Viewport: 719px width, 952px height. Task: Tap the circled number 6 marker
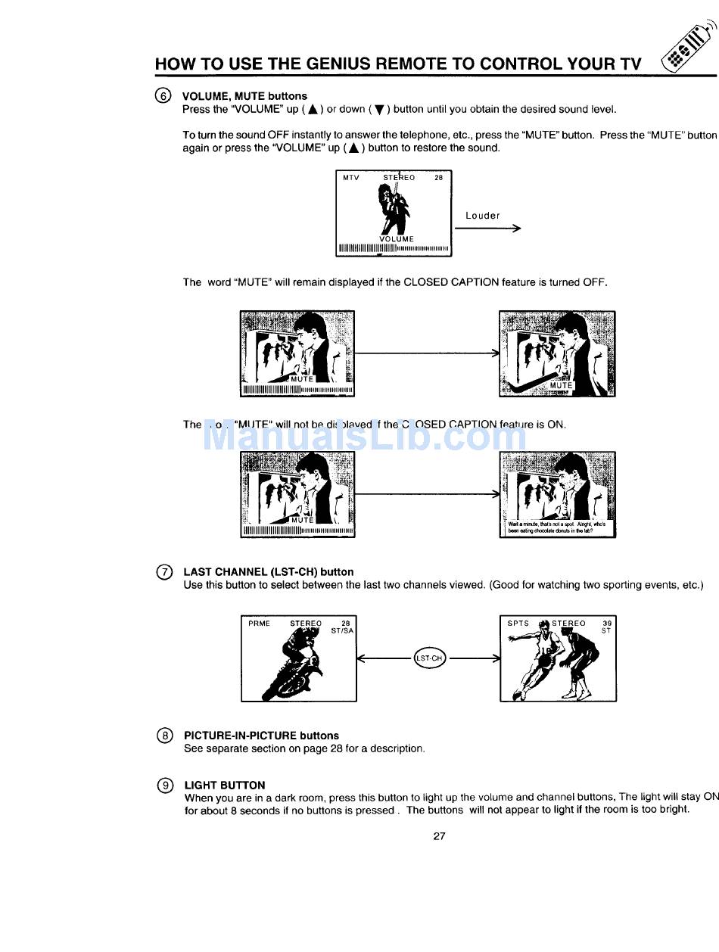163,96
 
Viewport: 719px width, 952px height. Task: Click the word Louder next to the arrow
483,216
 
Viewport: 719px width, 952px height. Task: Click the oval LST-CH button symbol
429,658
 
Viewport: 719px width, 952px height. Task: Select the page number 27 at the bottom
439,836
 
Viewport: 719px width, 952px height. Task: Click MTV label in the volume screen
350,179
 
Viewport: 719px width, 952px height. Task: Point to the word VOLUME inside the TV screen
397,239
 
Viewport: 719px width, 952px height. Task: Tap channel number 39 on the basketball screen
606,624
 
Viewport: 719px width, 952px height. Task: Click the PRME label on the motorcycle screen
259,624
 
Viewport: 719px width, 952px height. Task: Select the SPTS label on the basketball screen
518,624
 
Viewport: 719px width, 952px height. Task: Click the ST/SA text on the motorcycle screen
342,631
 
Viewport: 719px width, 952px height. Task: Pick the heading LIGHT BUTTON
225,786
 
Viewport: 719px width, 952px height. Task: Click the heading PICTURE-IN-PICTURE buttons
261,736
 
